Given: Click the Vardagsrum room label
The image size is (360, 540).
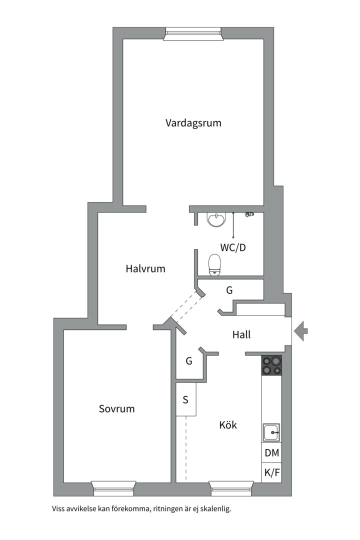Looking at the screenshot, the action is click(193, 123).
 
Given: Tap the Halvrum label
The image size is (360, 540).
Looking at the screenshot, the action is click(145, 268).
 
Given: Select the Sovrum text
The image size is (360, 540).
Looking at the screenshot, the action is click(117, 409).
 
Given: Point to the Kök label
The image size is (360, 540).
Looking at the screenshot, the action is click(228, 424).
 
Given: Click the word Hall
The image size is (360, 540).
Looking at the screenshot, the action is click(241, 334).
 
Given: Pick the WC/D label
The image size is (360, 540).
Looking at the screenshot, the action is click(233, 247).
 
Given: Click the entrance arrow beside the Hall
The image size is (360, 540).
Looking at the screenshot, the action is click(300, 331).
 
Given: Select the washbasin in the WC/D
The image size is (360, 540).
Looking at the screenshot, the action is click(216, 220).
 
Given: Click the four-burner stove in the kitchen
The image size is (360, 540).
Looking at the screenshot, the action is click(272, 365).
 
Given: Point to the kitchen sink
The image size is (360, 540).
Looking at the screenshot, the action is click(272, 432).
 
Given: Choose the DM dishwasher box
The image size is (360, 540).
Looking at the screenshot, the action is click(272, 453).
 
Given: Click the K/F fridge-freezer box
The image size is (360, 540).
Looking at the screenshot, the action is click(272, 472).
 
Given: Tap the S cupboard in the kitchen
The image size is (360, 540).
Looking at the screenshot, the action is click(186, 399).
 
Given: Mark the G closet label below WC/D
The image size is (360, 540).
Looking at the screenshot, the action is click(229, 290).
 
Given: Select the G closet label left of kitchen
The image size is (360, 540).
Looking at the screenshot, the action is click(189, 361).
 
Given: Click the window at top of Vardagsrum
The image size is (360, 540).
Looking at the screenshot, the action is click(193, 34).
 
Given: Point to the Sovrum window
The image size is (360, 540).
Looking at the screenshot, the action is click(113, 488).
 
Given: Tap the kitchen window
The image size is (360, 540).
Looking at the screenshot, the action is click(231, 488).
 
